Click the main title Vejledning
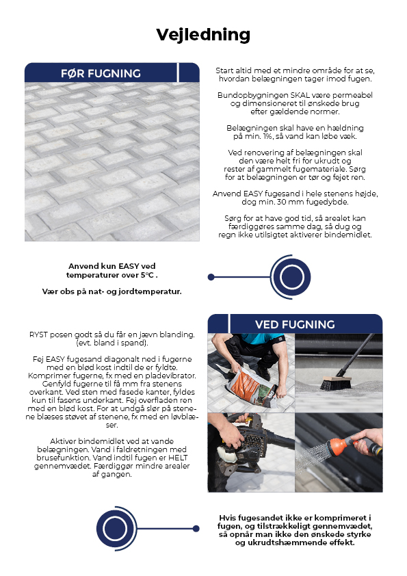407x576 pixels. (203, 34)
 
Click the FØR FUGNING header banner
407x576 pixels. (101, 73)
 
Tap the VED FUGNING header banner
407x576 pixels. (294, 324)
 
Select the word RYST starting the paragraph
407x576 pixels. (39, 334)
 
